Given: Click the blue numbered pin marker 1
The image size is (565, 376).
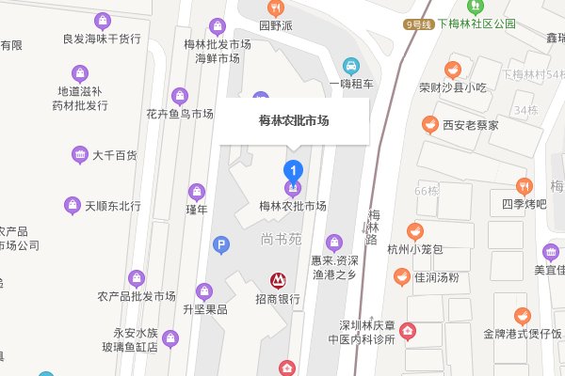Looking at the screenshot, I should [293, 171].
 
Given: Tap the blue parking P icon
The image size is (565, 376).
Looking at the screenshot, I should [221, 245].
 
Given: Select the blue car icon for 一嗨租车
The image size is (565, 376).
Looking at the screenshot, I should [350, 66].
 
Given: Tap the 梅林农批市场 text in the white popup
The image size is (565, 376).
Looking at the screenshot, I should [293, 120].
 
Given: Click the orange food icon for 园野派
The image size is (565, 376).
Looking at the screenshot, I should [277, 8].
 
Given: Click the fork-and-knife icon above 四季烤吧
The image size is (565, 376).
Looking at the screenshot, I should [525, 185].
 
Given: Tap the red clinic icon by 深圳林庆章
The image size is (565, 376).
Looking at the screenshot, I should [407, 330].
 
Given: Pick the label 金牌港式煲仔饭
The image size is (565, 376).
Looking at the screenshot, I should [522, 334].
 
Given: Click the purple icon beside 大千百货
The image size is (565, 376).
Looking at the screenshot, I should [79, 155].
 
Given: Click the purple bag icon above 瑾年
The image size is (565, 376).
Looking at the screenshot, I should [196, 191].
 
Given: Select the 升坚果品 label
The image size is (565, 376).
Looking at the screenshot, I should [205, 309].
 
